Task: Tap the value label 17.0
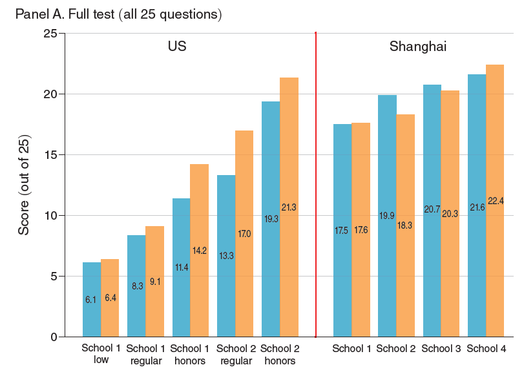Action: click(x=244, y=234)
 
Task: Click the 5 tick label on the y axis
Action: click(x=55, y=277)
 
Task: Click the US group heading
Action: click(x=177, y=47)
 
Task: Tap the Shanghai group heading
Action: click(x=418, y=47)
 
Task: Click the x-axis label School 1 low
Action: click(x=101, y=354)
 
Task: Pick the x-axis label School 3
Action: click(x=441, y=349)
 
